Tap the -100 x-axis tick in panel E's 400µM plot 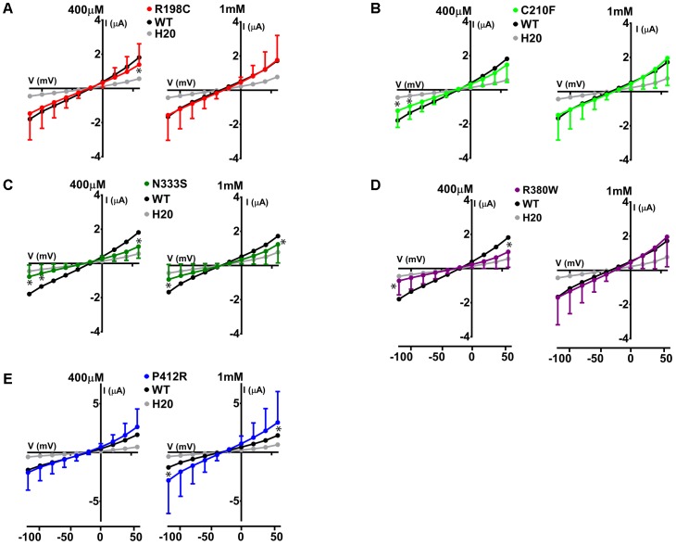click(31, 534)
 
